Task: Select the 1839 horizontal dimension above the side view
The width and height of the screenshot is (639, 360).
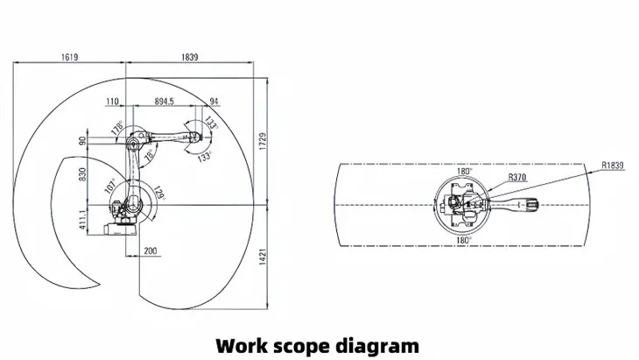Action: coord(189,57)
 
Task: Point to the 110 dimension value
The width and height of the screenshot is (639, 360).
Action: coord(112,102)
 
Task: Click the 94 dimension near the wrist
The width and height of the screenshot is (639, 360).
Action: coord(214,102)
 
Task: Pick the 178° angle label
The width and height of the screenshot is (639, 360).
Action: coord(116,129)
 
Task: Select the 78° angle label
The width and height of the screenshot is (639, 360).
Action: coord(151,155)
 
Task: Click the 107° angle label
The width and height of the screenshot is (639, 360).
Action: coord(111,186)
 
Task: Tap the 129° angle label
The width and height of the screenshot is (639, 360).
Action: coord(159,193)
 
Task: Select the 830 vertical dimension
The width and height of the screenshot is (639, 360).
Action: coord(83,174)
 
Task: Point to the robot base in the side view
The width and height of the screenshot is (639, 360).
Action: coord(119,227)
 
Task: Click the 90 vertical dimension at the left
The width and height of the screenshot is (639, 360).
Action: coord(83,139)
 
